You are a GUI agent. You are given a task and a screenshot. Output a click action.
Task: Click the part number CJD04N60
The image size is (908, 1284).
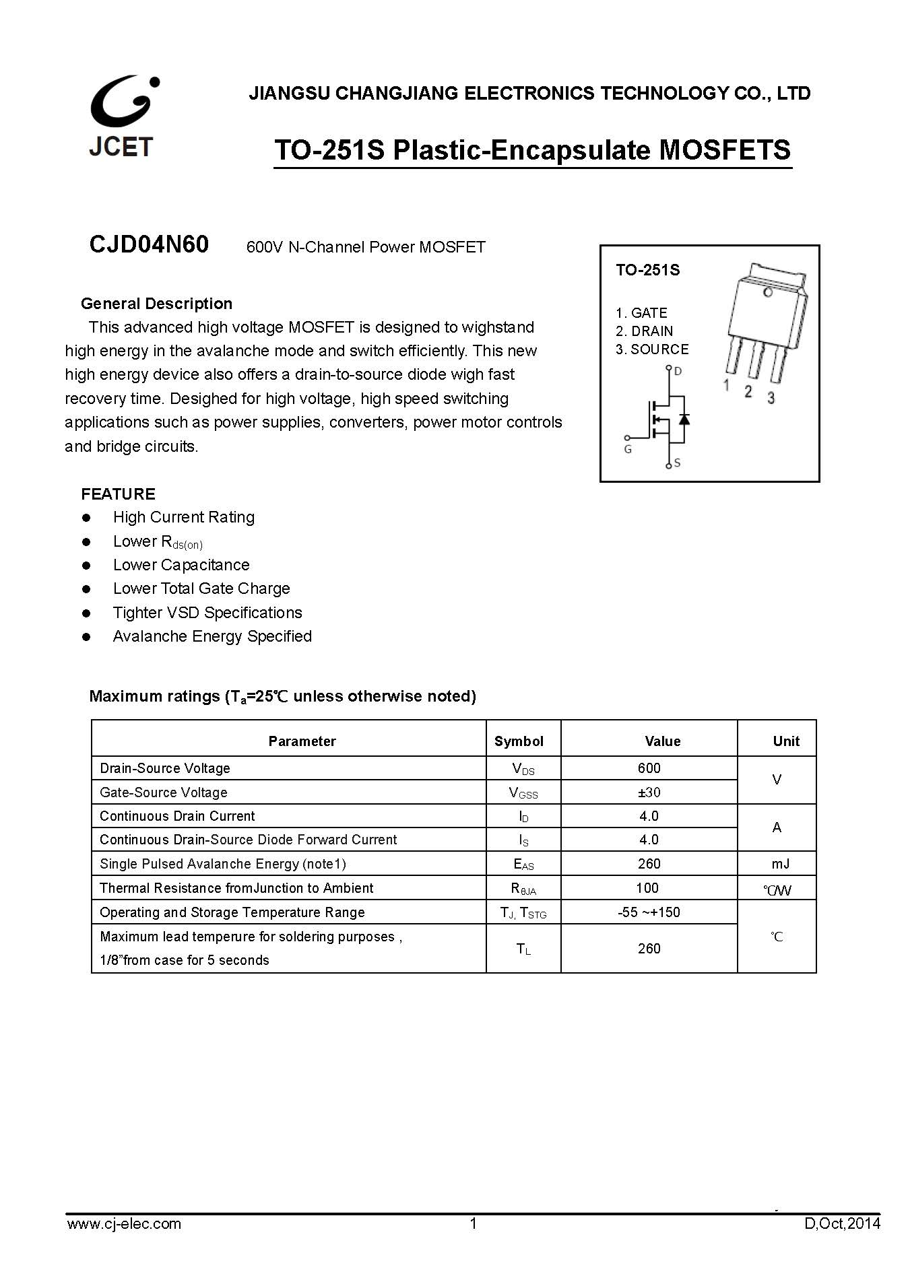click(x=149, y=244)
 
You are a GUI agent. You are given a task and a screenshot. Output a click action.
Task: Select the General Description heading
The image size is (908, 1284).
click(x=156, y=304)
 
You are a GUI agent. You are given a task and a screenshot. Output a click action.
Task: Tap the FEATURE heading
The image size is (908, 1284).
click(x=118, y=494)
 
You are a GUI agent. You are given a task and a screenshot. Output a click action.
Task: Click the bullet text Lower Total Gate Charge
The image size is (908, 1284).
click(x=201, y=588)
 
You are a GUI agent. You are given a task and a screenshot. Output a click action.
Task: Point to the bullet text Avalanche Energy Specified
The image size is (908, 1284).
click(x=212, y=636)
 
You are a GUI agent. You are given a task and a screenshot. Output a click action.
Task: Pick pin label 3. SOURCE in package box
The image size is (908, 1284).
click(x=652, y=349)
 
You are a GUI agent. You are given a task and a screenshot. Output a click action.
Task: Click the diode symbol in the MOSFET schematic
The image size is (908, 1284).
click(x=684, y=419)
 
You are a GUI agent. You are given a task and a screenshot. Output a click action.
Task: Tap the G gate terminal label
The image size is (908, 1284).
click(x=628, y=449)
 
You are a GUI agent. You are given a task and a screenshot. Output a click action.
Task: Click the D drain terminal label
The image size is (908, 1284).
click(x=678, y=371)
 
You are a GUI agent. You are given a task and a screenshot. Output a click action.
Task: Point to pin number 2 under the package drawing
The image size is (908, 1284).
click(x=748, y=391)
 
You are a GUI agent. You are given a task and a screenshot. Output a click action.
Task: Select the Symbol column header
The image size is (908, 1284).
click(x=519, y=741)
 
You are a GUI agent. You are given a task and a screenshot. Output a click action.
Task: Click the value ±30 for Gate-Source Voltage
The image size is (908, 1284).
click(x=649, y=792)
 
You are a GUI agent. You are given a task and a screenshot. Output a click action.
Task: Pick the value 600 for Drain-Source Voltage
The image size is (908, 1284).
click(x=649, y=768)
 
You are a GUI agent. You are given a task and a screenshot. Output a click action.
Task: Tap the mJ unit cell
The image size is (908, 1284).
click(x=781, y=864)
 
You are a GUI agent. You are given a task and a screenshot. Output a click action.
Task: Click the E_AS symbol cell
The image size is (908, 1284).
click(x=523, y=865)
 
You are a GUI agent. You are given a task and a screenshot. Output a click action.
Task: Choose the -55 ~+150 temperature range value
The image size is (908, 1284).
click(x=649, y=912)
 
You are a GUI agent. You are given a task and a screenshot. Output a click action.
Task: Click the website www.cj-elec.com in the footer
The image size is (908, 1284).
click(x=124, y=1223)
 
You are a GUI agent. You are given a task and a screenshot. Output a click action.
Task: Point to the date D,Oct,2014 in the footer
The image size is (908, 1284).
click(x=842, y=1223)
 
